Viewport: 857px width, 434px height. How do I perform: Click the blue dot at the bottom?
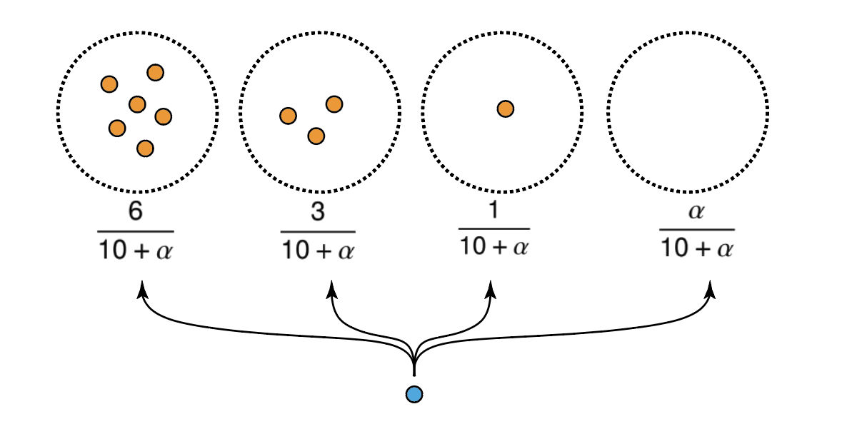pos(414,394)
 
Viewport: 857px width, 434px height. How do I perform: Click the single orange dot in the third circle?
pos(506,108)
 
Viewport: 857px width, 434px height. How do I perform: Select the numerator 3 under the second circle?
pos(318,214)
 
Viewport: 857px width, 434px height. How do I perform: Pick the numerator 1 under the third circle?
pos(493,213)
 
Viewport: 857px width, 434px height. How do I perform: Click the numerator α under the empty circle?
pos(696,214)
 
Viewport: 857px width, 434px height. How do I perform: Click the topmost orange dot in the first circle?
pos(155,72)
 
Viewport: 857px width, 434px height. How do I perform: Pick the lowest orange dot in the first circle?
pos(145,148)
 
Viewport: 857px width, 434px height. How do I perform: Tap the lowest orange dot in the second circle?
pos(316,136)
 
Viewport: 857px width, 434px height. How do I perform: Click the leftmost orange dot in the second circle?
pos(288,116)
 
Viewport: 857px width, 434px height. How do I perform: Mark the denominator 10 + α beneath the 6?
pos(136,251)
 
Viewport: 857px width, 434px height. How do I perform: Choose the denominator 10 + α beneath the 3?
pos(318,251)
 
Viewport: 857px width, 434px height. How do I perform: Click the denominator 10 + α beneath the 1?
pos(493,247)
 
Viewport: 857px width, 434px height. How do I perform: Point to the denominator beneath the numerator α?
pos(696,249)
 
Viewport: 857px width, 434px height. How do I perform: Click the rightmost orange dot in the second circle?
pos(334,104)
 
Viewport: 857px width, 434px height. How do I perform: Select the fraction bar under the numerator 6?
pos(136,231)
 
